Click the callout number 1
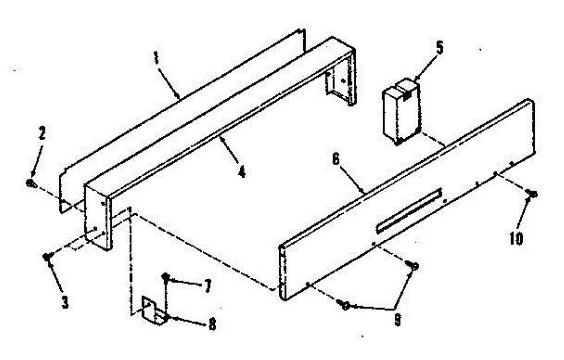tap(157, 60)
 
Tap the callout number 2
tap(42, 134)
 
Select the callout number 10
tap(516, 238)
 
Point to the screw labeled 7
tap(166, 278)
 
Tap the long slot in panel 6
tap(409, 210)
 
